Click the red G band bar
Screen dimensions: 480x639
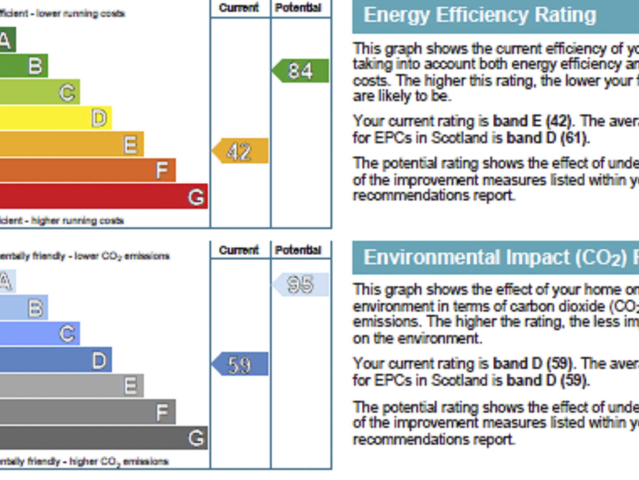tap(103, 196)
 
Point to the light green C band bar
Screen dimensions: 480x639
tap(40, 92)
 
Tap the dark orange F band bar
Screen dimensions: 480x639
tap(87, 170)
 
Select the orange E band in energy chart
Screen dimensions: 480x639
tap(71, 144)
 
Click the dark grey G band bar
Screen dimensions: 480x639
tap(103, 437)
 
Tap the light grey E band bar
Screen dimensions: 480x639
tap(71, 385)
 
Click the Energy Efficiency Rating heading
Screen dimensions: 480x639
tap(480, 15)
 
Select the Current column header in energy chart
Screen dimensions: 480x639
tap(239, 8)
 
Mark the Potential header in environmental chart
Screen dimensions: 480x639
tap(298, 250)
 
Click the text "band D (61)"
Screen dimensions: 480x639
tap(548, 138)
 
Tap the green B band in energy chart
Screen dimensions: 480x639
tap(24, 66)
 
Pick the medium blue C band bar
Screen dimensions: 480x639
tap(40, 333)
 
